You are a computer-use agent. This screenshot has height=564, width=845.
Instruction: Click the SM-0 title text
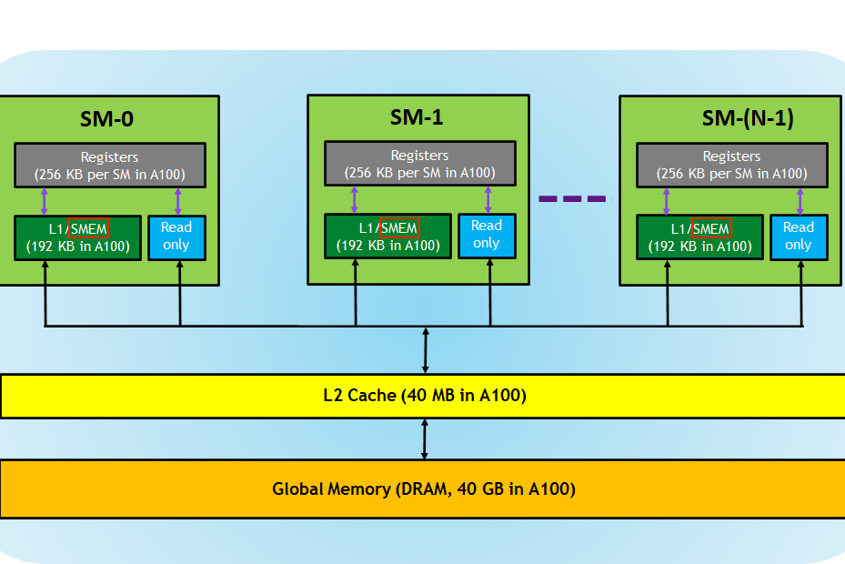108,118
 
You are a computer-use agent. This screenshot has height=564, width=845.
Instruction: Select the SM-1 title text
417,116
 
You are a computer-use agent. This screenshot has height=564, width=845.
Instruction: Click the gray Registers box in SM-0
109,165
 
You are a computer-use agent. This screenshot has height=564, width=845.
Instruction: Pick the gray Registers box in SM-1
419,164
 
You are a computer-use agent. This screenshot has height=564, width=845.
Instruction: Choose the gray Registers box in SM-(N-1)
731,165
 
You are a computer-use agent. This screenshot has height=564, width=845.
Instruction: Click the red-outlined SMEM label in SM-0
89,228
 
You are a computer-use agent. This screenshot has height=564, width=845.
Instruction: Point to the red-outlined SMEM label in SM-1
399,227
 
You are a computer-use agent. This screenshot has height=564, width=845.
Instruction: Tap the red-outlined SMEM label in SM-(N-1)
711,228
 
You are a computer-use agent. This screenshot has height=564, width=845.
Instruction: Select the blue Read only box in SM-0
176,237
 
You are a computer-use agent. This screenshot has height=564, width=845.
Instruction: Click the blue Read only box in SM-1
487,235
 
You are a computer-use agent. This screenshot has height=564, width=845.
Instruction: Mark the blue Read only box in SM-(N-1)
799,237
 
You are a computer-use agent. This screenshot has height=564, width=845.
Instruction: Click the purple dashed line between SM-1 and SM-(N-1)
572,198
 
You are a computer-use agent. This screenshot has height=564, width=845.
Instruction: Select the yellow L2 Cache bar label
424,396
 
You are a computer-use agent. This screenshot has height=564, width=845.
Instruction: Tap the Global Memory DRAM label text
424,488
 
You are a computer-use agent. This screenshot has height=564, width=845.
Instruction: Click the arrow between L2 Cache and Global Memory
425,439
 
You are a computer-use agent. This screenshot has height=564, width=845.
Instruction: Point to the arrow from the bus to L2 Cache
425,350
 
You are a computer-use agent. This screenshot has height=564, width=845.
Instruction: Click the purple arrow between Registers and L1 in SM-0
44,201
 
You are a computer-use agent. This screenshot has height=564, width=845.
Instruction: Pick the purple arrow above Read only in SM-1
488,199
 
